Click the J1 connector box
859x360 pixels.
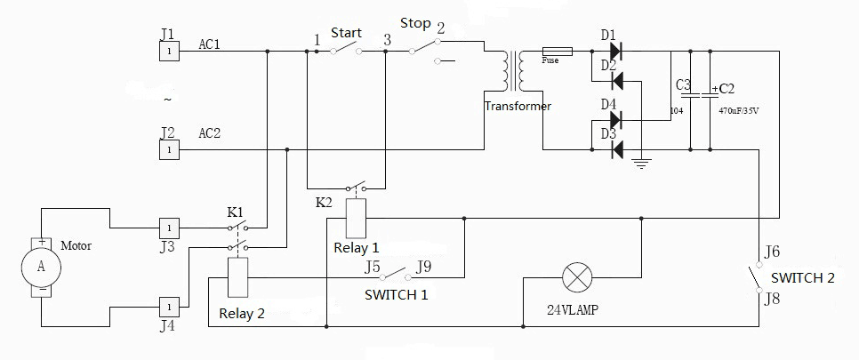point(169,52)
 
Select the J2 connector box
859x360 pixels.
point(169,149)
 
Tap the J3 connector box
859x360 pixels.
point(169,228)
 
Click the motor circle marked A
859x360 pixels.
point(41,267)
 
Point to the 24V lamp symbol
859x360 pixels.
point(577,276)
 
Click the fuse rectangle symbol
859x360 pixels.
point(558,52)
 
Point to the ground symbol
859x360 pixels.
point(641,164)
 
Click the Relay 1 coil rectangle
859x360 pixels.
point(357,219)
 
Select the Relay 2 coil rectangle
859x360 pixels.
point(237,277)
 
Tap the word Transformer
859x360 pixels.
point(518,107)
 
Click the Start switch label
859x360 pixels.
point(346,33)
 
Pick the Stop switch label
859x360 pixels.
point(415,24)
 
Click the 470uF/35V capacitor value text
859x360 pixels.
point(738,110)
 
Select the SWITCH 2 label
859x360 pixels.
point(803,278)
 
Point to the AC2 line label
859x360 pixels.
point(210,133)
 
